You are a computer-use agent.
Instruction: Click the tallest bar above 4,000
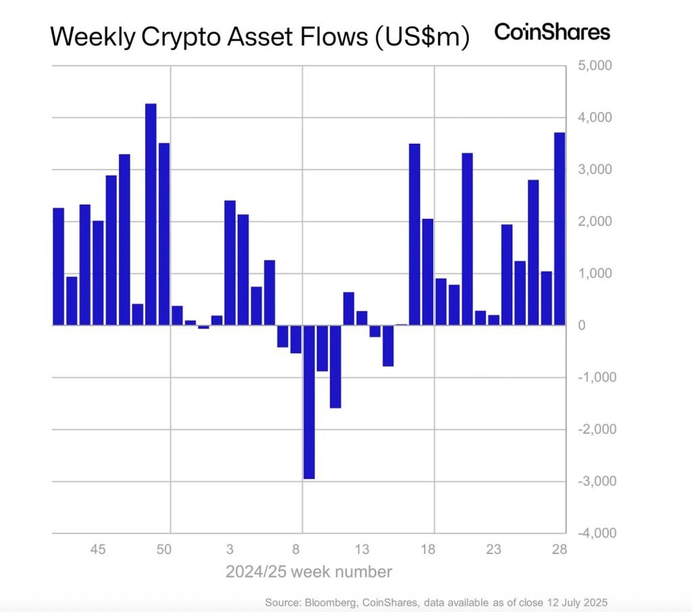(x=151, y=214)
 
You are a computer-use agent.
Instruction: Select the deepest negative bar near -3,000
(x=309, y=402)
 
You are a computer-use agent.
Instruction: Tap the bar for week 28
(x=560, y=228)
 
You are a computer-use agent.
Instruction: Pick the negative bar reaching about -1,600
(x=335, y=366)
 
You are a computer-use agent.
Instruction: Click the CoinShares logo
(x=552, y=31)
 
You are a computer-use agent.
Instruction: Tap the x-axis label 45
(x=98, y=549)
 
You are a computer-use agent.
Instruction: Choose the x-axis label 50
(x=164, y=549)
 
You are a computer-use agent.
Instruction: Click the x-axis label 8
(x=297, y=549)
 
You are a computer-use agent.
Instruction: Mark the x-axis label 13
(x=362, y=549)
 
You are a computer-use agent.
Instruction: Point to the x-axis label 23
(x=494, y=549)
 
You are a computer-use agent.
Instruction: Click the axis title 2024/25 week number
(x=308, y=572)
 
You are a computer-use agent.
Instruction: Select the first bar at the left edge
(x=58, y=266)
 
